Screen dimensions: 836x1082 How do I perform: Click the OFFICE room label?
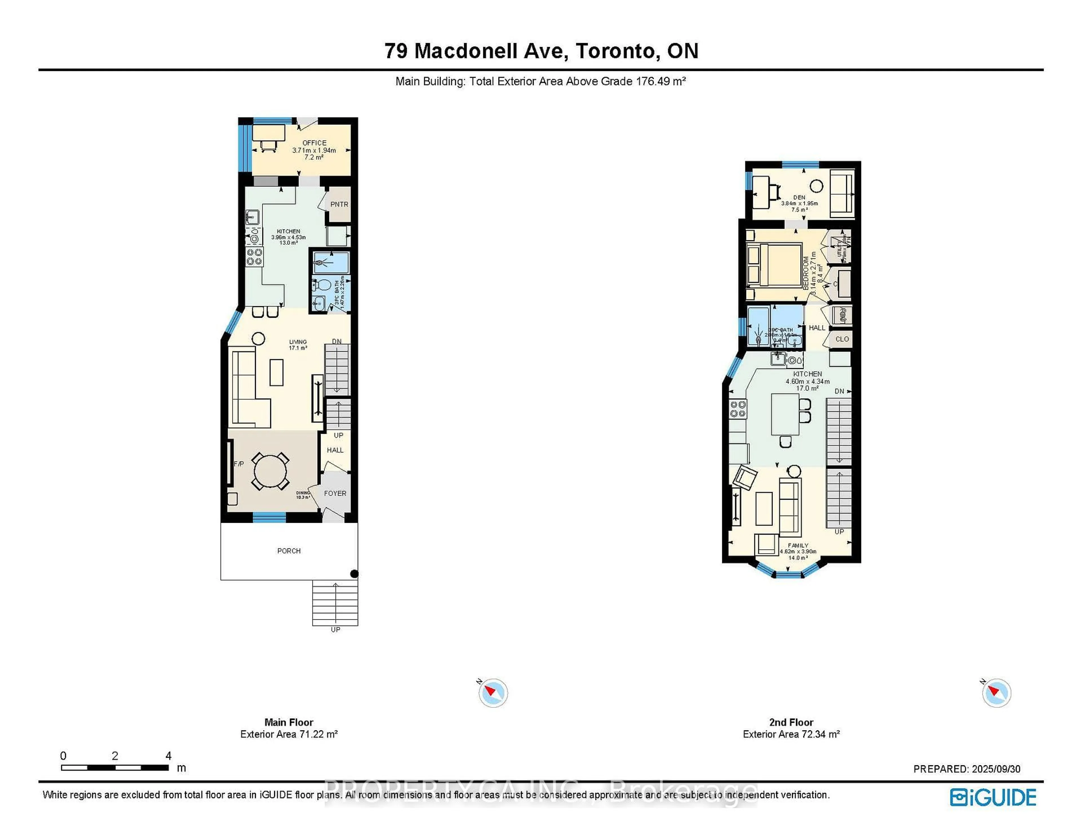[314, 143]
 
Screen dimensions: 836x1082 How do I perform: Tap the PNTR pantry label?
[339, 204]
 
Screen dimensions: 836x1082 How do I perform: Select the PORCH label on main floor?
[289, 551]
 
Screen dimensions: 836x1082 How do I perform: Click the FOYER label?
[335, 493]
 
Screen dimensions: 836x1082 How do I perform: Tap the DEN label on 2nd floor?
[799, 197]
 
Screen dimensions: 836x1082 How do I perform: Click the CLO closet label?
[842, 339]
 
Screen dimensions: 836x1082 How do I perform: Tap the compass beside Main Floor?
[493, 692]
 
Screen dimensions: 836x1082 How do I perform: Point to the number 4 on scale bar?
[168, 756]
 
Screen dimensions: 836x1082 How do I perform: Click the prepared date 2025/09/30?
[996, 769]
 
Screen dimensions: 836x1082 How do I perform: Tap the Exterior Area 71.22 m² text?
[289, 734]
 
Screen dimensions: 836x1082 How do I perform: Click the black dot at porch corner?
[354, 574]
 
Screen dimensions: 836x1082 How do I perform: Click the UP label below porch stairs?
[335, 630]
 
